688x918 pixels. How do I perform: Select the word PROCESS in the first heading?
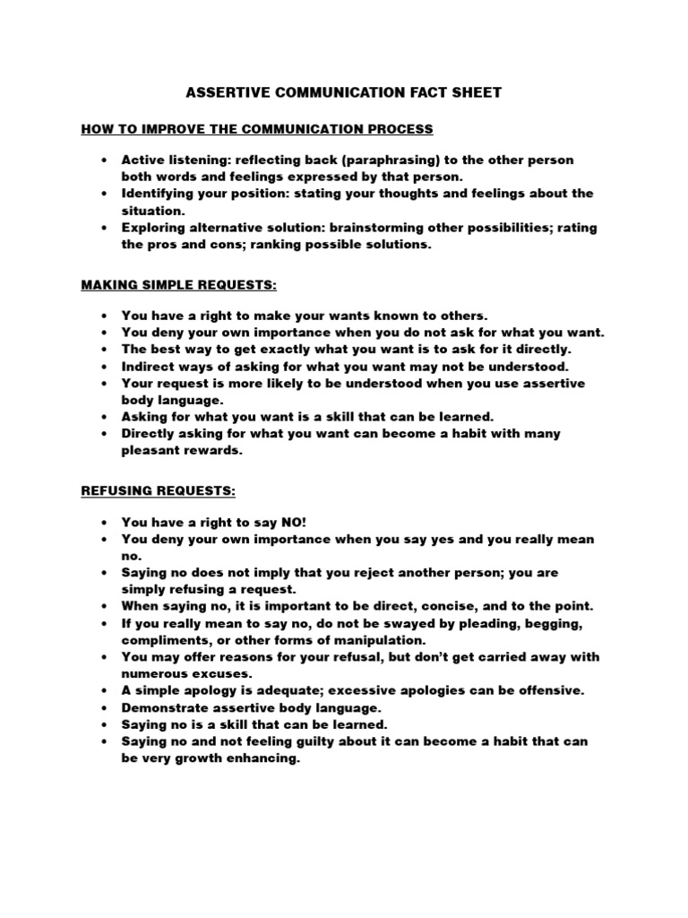[398, 129]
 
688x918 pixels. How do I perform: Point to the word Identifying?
[159, 194]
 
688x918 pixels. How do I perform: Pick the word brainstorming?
[410, 228]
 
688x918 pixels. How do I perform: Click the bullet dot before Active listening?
[105, 160]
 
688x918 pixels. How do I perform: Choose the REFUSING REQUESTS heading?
[158, 490]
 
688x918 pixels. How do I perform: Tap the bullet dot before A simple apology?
[105, 690]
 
